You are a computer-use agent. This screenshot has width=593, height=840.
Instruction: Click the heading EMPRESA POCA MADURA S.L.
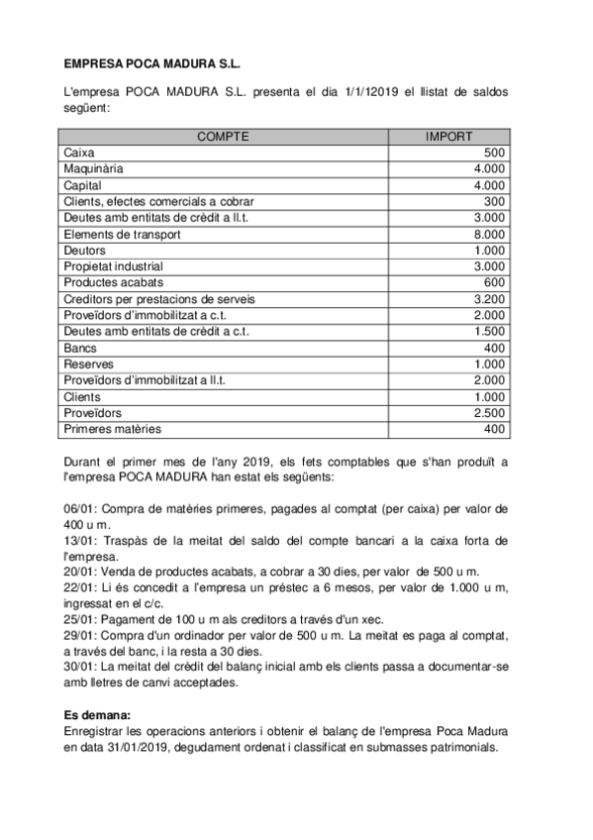[151, 62]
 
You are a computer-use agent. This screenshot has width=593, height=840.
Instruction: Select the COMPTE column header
[223, 137]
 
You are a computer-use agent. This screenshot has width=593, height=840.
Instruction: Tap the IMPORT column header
[448, 137]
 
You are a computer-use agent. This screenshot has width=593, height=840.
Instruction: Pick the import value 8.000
[489, 235]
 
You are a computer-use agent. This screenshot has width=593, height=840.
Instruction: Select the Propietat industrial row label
[113, 266]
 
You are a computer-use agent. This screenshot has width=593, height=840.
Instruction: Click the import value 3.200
[489, 299]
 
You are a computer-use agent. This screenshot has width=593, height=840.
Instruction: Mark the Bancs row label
[80, 349]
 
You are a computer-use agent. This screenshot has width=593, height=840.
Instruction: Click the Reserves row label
[88, 365]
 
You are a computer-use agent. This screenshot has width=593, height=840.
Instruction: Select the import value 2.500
[489, 413]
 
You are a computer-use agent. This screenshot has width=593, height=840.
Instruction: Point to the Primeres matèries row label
[112, 430]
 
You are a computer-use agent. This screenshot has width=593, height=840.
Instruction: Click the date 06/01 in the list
[78, 509]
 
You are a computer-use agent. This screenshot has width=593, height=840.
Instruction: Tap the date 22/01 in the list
[78, 588]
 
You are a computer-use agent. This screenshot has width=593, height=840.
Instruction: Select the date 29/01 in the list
[78, 636]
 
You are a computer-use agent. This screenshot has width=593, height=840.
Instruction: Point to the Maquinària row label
[93, 169]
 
